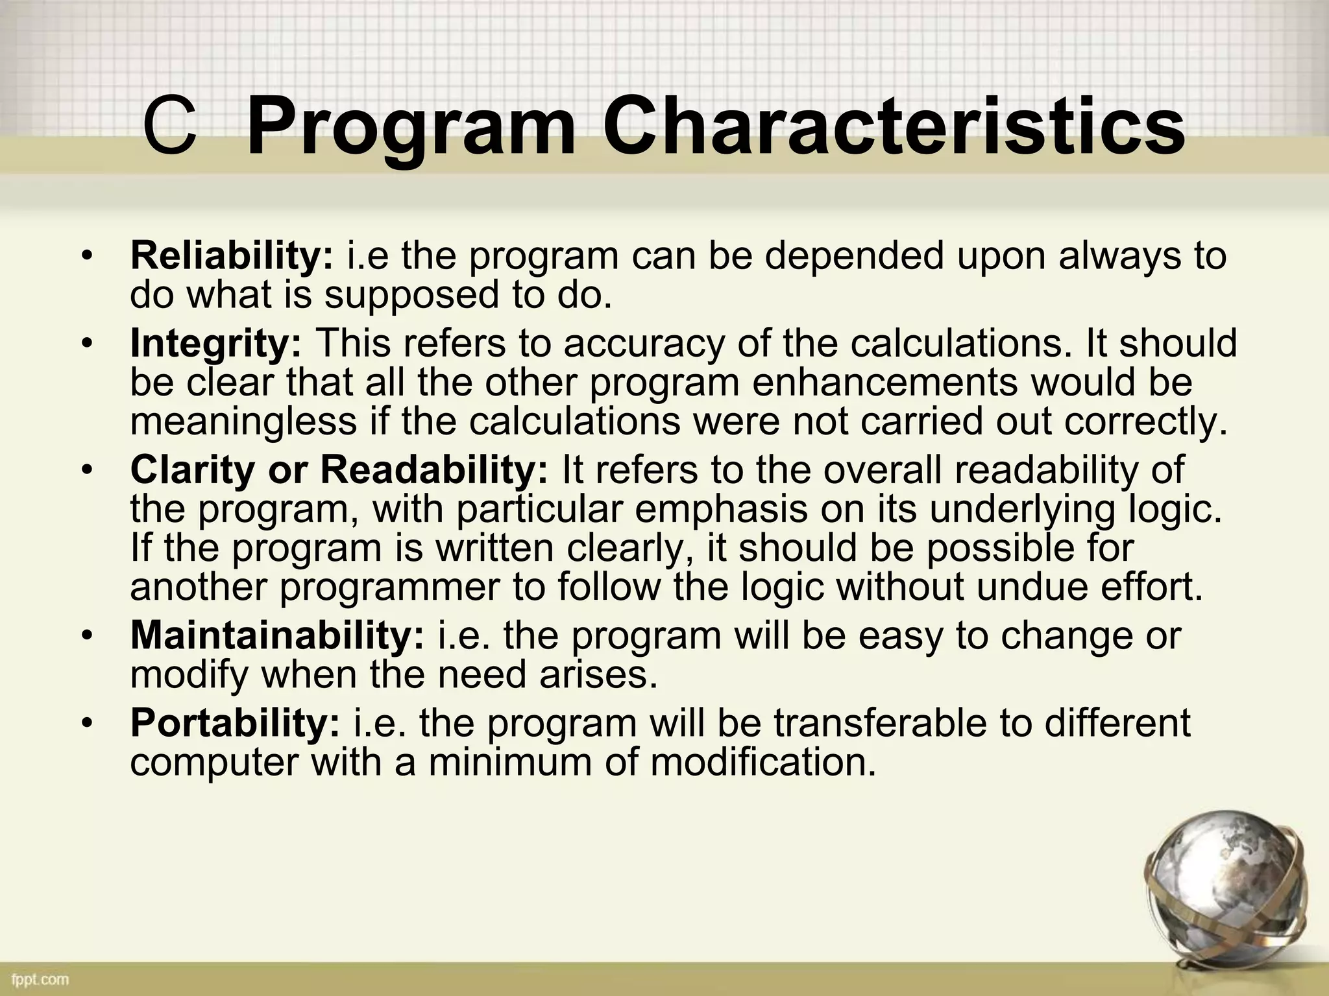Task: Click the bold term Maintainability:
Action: tap(277, 635)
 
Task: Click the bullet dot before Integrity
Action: tap(88, 344)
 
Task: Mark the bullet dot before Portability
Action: tap(88, 723)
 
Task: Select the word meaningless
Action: tap(243, 421)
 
